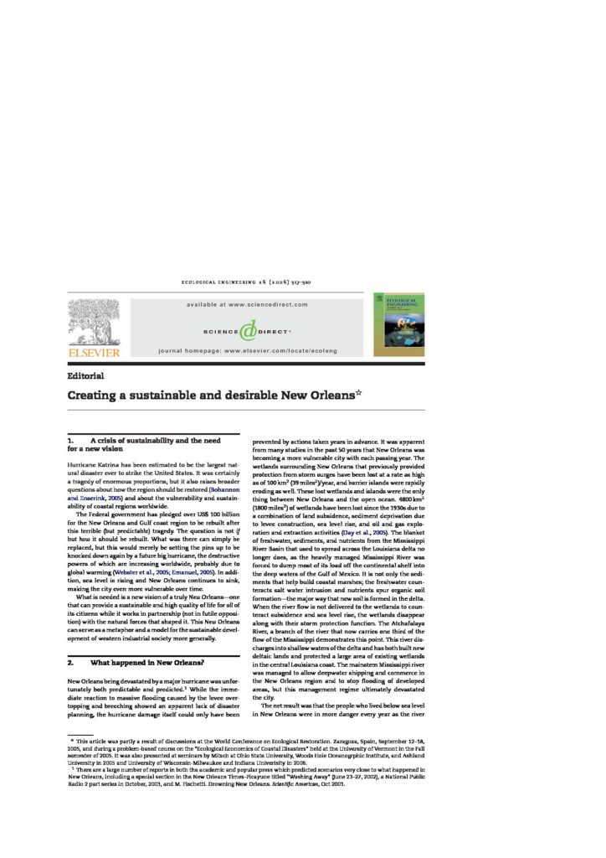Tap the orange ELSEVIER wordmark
(x=93, y=354)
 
